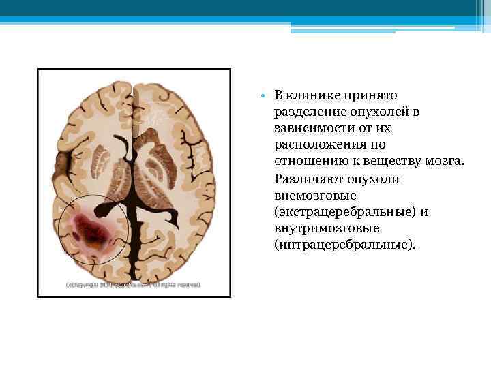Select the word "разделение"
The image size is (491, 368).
[305, 112]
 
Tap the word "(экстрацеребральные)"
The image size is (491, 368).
[341, 212]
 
